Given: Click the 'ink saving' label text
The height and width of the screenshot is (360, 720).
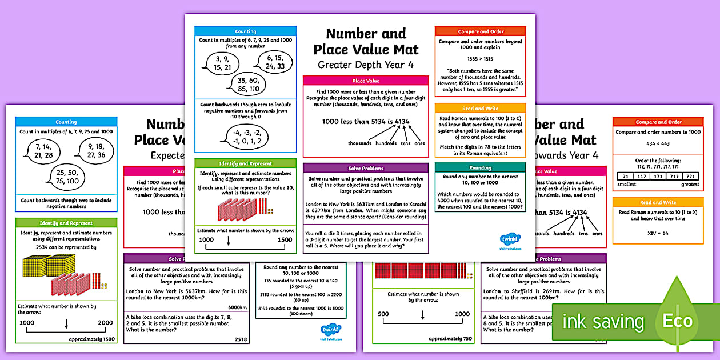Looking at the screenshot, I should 603,322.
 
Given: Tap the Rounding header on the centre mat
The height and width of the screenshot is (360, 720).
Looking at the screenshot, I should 480,168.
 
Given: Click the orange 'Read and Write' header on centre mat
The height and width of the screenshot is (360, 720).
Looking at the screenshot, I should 480,109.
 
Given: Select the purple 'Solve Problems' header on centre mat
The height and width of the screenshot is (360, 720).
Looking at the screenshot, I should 366,169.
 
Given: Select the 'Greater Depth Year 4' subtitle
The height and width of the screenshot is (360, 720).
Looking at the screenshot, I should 366,65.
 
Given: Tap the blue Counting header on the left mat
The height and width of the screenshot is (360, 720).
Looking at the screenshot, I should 66,122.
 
